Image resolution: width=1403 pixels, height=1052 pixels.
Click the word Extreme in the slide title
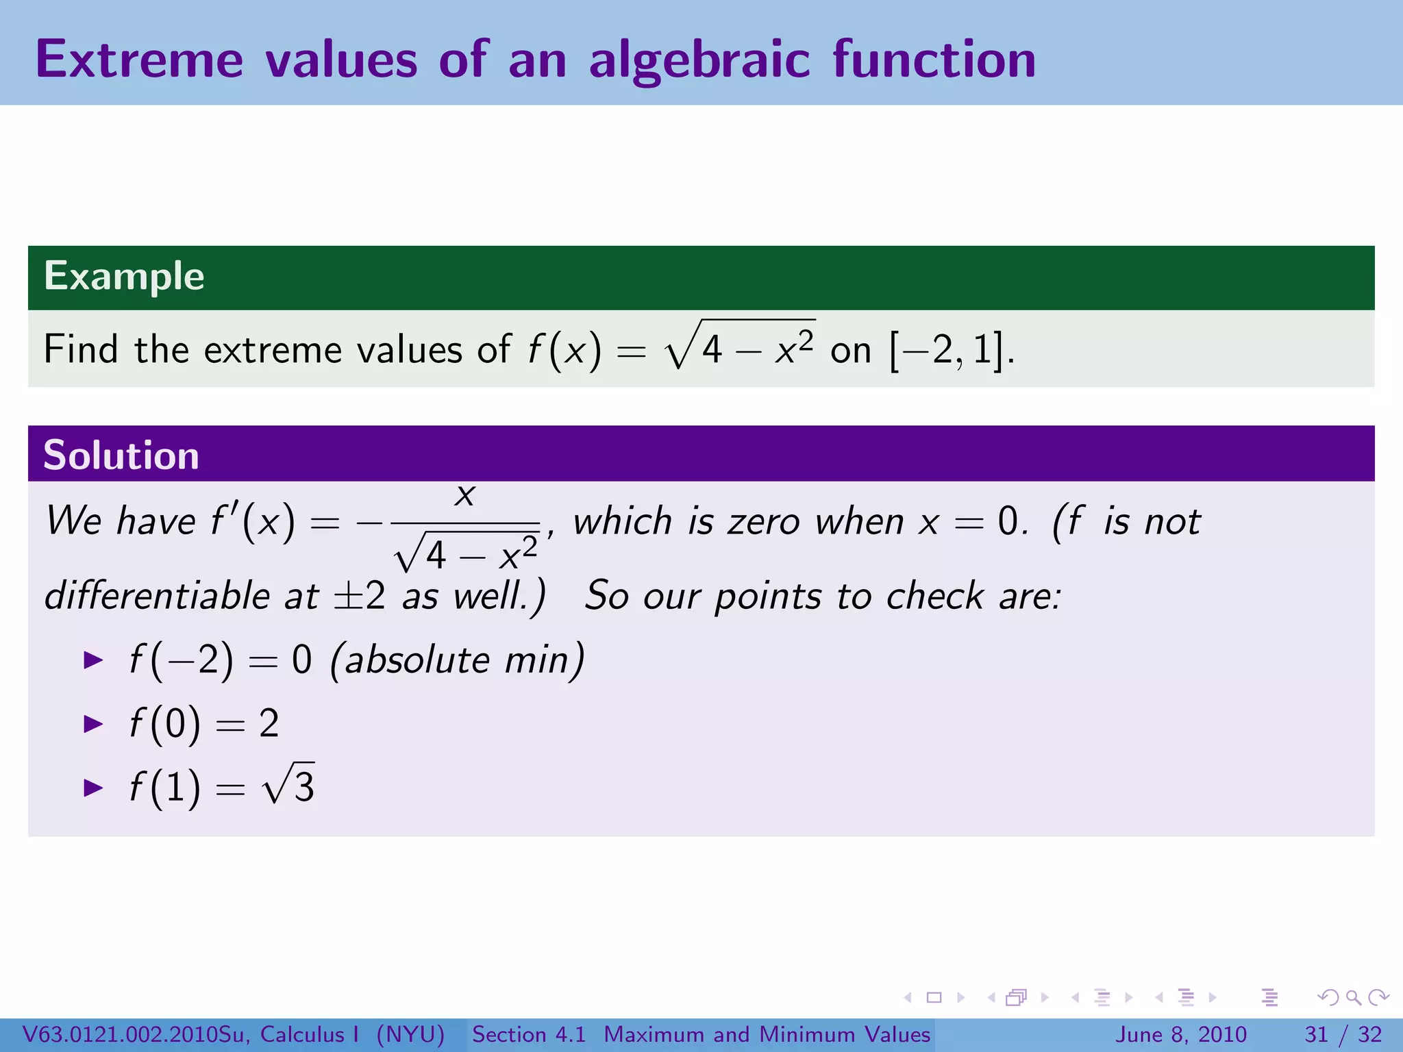coord(139,60)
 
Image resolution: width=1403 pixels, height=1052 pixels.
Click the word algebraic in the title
coord(699,60)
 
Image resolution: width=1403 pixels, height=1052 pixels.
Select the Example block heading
coord(124,276)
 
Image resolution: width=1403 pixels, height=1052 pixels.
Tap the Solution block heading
coord(121,455)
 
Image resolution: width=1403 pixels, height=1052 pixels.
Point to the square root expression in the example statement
coord(740,346)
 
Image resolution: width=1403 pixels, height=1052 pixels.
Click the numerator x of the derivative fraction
coord(465,494)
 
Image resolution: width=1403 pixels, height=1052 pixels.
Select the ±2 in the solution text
coord(359,595)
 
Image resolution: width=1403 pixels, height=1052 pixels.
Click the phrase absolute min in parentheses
coord(457,661)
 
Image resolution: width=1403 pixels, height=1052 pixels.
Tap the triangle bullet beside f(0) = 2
coord(92,724)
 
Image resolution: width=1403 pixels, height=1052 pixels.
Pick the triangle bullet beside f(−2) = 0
coord(92,660)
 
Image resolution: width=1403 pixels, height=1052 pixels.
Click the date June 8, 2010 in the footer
coord(1182,1034)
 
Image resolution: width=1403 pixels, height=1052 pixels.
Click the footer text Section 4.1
coord(529,1034)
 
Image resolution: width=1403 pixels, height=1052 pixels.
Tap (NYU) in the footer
coord(410,1034)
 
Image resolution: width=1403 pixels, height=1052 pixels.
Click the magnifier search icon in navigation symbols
coord(1353,997)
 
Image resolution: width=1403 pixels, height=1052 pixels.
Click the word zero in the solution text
coord(763,522)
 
